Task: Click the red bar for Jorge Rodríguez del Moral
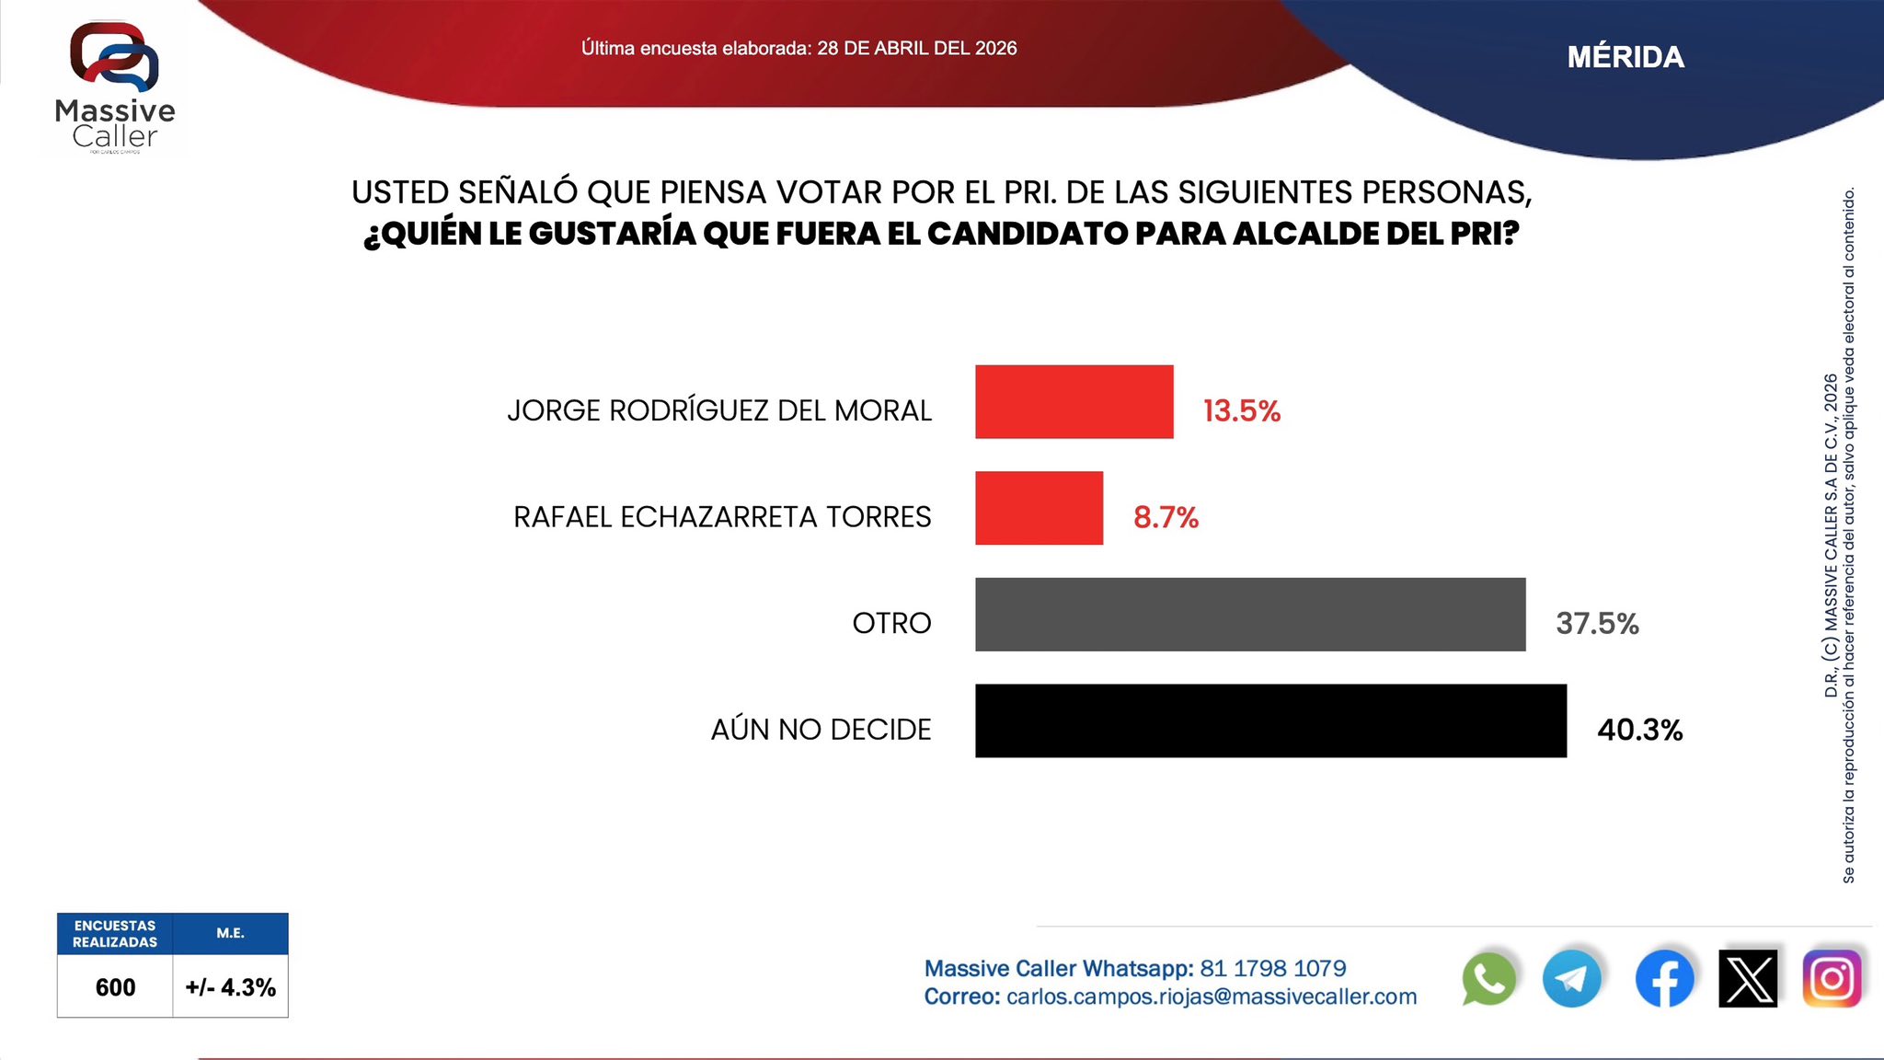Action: [x=1074, y=402]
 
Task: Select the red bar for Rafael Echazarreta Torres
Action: [x=1039, y=508]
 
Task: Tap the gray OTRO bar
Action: [x=1249, y=615]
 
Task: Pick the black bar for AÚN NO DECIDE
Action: [x=1269, y=720]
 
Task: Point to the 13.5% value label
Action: [x=1241, y=410]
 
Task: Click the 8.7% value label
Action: [x=1166, y=517]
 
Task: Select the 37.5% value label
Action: [x=1597, y=624]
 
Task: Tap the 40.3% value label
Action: [x=1639, y=731]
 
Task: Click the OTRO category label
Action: [x=891, y=624]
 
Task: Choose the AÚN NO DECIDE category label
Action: [x=821, y=730]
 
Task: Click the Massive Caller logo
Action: [x=115, y=87]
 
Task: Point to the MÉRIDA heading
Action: [x=1626, y=57]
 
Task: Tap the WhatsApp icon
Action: [x=1488, y=979]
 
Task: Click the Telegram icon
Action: [x=1571, y=979]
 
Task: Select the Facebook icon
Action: [x=1664, y=979]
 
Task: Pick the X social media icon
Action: [x=1748, y=979]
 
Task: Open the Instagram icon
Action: [x=1832, y=979]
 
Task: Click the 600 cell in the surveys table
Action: [x=115, y=987]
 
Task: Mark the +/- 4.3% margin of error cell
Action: [x=230, y=987]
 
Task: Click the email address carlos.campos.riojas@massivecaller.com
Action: [x=1212, y=997]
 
